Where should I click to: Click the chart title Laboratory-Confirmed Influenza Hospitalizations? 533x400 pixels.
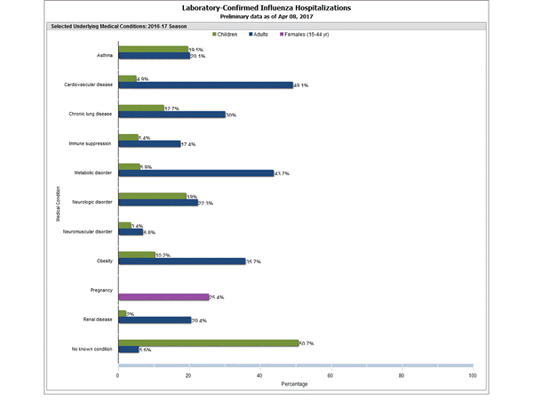point(266,7)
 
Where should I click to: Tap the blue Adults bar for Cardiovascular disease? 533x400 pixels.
point(205,85)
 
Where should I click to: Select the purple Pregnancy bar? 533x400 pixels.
point(163,297)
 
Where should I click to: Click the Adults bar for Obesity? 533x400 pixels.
point(181,260)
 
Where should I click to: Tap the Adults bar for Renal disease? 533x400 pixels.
point(154,320)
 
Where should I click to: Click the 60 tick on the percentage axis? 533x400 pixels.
point(330,376)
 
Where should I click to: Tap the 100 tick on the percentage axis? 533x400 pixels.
point(472,376)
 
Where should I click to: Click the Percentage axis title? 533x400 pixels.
point(295,386)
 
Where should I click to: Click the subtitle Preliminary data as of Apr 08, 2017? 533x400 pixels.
point(266,17)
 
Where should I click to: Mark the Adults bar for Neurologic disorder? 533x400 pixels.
point(157,203)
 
